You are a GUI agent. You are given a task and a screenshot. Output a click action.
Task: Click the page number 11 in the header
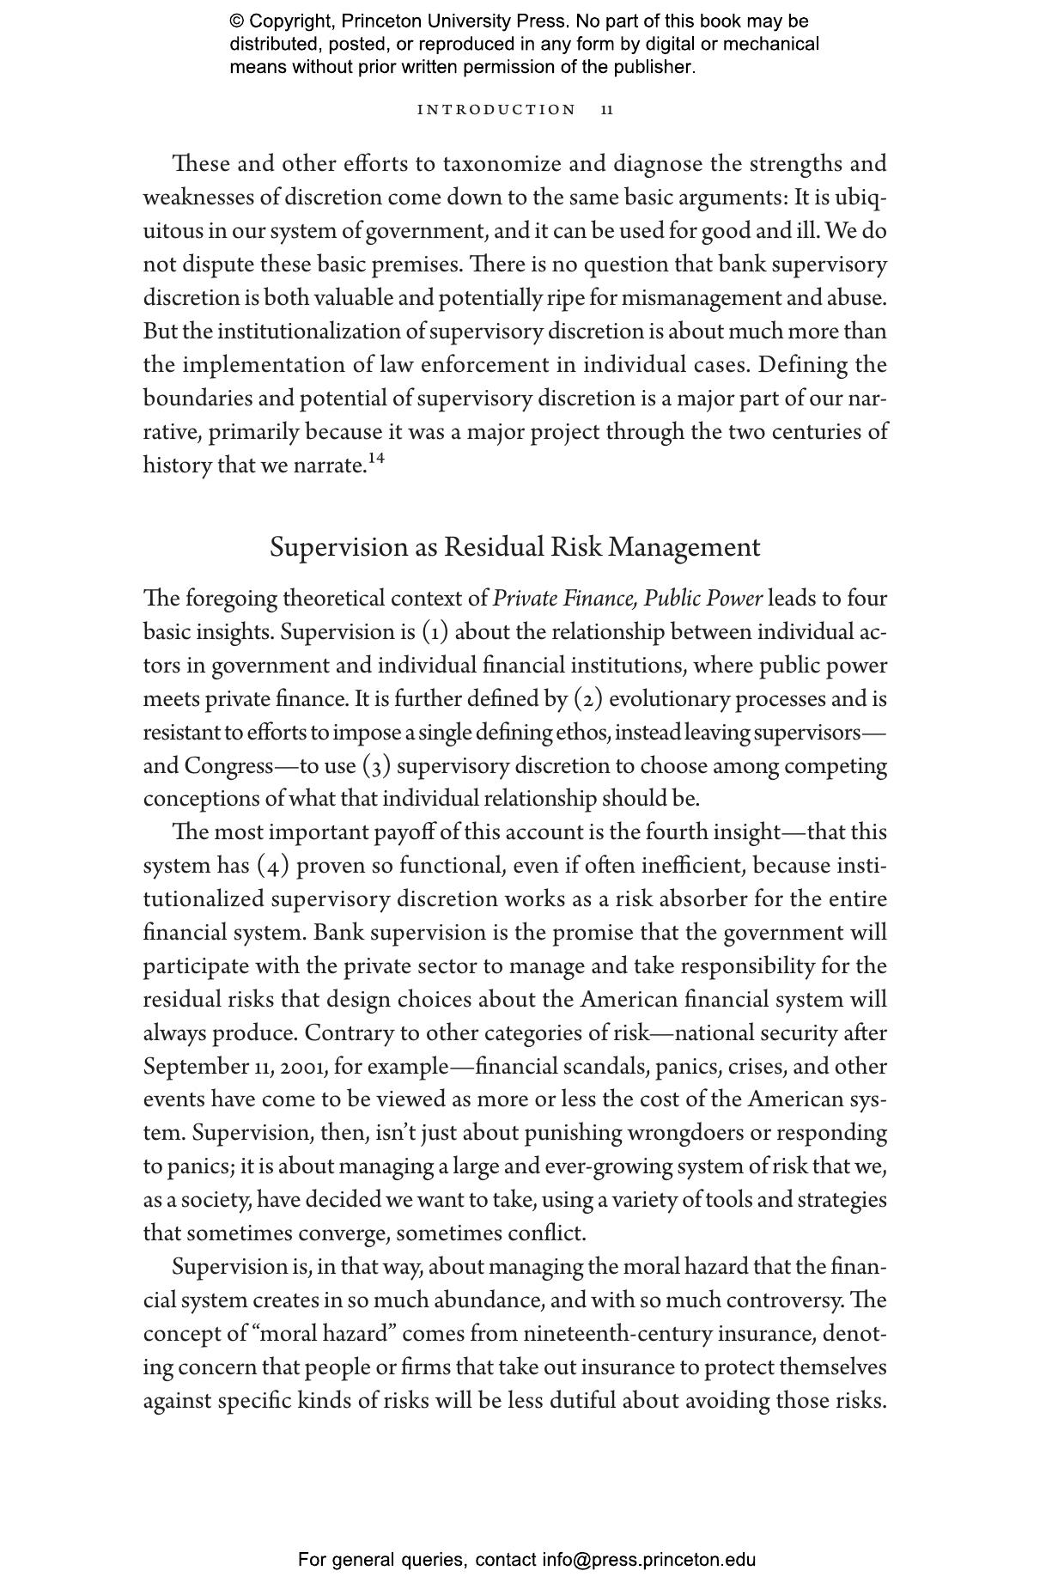(x=607, y=110)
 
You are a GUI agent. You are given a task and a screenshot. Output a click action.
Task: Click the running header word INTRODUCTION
(x=496, y=110)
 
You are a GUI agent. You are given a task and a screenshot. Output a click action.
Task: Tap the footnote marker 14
(x=375, y=459)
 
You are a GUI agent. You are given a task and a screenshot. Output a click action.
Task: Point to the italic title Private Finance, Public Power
(x=628, y=599)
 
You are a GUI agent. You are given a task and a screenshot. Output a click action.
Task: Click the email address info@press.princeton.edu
(x=648, y=1560)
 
